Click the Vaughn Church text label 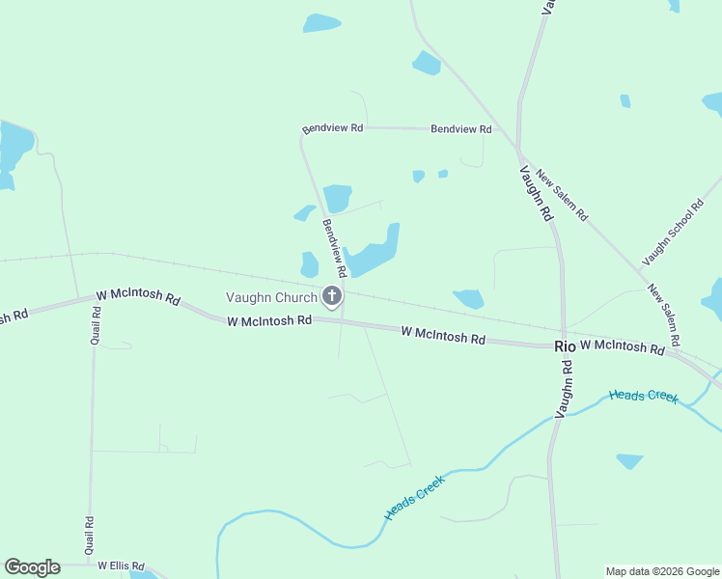[x=271, y=297]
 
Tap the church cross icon [x=332, y=296]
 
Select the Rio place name [x=565, y=346]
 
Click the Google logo [x=32, y=567]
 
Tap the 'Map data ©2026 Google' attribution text [x=662, y=571]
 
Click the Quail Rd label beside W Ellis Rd [x=90, y=534]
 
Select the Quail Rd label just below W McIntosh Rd [x=96, y=326]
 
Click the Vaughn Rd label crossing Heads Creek [x=564, y=389]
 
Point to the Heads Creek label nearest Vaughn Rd [x=643, y=396]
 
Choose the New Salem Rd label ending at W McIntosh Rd [x=664, y=315]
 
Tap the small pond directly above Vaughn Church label [x=309, y=264]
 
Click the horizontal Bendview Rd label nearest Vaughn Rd [x=461, y=128]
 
